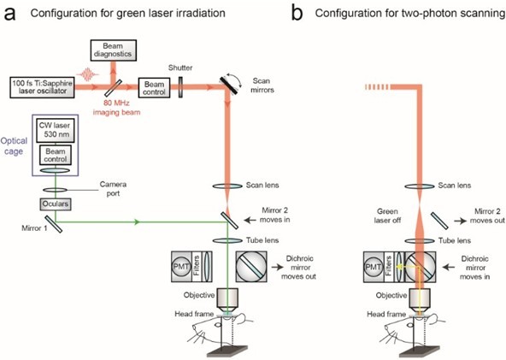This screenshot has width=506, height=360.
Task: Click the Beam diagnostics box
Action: (114, 50)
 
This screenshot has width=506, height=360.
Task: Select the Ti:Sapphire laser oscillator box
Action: (42, 87)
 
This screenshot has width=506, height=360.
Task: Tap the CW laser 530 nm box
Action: (56, 130)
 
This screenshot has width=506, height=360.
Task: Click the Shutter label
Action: (180, 68)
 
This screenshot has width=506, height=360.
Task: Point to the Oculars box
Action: (56, 204)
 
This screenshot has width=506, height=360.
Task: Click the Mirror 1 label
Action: (34, 228)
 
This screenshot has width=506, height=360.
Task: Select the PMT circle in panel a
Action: (182, 267)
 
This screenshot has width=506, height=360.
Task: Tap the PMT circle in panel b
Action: (374, 267)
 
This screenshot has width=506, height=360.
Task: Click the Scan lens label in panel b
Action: (455, 186)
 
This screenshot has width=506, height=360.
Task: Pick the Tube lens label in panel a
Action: (262, 240)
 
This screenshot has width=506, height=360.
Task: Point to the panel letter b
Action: (297, 13)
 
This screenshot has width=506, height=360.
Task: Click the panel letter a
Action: (9, 14)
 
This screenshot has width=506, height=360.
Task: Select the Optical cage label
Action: (14, 146)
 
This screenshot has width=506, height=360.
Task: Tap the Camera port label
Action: (113, 189)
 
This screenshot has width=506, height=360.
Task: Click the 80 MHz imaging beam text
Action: (116, 108)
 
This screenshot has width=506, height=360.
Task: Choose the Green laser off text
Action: (387, 215)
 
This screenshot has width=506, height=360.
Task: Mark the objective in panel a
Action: (227, 298)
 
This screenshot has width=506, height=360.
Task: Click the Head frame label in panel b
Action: (386, 314)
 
